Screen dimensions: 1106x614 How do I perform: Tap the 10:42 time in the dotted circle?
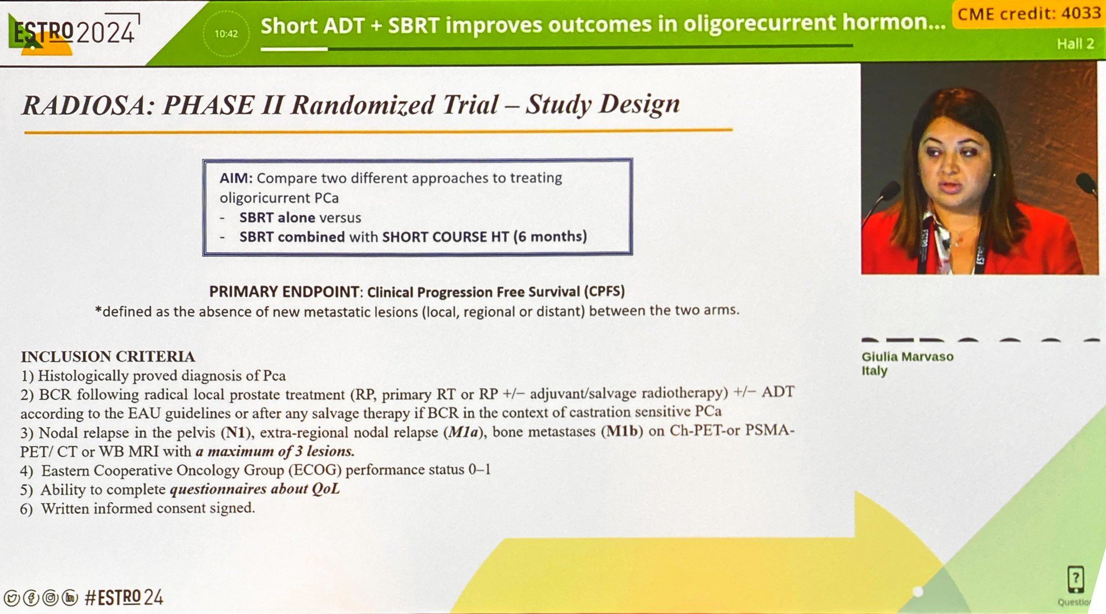click(x=226, y=34)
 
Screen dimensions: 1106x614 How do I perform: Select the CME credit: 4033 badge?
click(x=1029, y=14)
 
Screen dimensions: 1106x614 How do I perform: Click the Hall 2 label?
click(x=1075, y=44)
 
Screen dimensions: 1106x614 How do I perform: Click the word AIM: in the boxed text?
click(x=236, y=178)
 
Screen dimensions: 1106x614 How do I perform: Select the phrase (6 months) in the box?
click(x=550, y=236)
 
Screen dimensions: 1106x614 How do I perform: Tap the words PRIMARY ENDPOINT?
click(x=284, y=292)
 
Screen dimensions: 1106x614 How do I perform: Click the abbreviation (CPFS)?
click(x=604, y=291)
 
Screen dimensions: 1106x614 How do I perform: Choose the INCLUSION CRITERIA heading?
click(x=108, y=357)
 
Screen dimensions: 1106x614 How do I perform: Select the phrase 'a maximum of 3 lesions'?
click(x=275, y=451)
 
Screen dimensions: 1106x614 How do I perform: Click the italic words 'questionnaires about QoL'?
click(x=255, y=489)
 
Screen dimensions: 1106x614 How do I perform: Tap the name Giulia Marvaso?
click(x=907, y=357)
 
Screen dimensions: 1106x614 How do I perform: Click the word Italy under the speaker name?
click(x=874, y=371)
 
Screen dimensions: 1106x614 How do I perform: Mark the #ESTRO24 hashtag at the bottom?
click(x=124, y=597)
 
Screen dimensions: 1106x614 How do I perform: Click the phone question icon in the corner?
click(x=1075, y=579)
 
